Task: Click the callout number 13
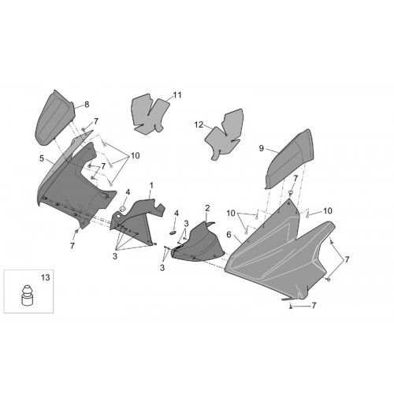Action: point(46,277)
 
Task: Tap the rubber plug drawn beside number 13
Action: point(27,295)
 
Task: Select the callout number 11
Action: point(177,95)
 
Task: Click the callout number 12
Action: point(199,125)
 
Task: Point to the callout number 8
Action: point(87,105)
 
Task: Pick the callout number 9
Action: point(261,148)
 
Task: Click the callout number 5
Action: point(42,158)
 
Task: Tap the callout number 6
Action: point(229,235)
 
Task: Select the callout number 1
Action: point(151,186)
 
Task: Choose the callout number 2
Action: point(207,208)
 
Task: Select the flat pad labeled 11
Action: point(149,113)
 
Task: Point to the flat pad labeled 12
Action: point(225,135)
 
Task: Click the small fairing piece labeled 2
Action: point(199,243)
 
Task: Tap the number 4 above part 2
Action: point(177,214)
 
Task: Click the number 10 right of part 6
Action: point(328,210)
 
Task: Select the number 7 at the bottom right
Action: point(314,306)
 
